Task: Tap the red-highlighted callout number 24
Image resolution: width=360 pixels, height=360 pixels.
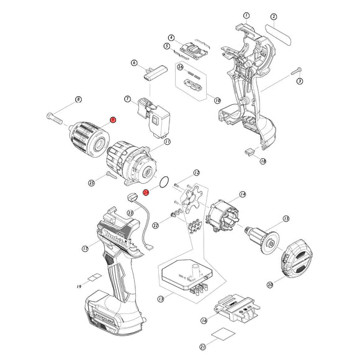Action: pyautogui.click(x=146, y=192)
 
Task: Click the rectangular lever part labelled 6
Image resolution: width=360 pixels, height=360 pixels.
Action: pyautogui.click(x=153, y=74)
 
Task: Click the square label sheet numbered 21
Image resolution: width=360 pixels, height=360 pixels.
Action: pyautogui.click(x=221, y=335)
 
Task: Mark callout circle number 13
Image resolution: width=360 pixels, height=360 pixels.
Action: pyautogui.click(x=161, y=299)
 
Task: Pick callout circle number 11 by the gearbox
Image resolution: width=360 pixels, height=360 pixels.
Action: pyautogui.click(x=167, y=142)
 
